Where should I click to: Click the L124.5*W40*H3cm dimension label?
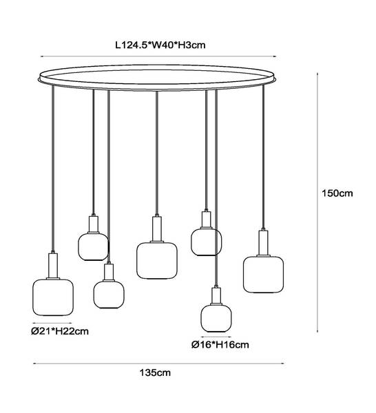[160, 45]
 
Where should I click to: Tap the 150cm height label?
[337, 193]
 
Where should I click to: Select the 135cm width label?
[155, 372]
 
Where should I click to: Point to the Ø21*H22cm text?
[60, 331]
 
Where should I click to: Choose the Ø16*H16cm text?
[220, 345]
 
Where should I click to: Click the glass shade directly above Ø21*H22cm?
[53, 297]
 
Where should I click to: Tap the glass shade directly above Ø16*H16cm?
[216, 318]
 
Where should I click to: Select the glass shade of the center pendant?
[157, 260]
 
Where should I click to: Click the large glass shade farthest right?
[263, 275]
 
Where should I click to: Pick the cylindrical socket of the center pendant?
[157, 229]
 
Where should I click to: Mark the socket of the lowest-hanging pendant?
[216, 295]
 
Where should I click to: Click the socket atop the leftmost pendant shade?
[53, 266]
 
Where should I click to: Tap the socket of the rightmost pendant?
[263, 243]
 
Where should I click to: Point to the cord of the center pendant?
[157, 153]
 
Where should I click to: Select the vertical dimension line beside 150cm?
[317, 202]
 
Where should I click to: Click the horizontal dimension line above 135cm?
[158, 363]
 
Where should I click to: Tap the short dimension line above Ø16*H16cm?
[216, 337]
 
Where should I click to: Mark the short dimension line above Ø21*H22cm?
[52, 323]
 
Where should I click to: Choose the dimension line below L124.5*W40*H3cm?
[158, 56]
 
